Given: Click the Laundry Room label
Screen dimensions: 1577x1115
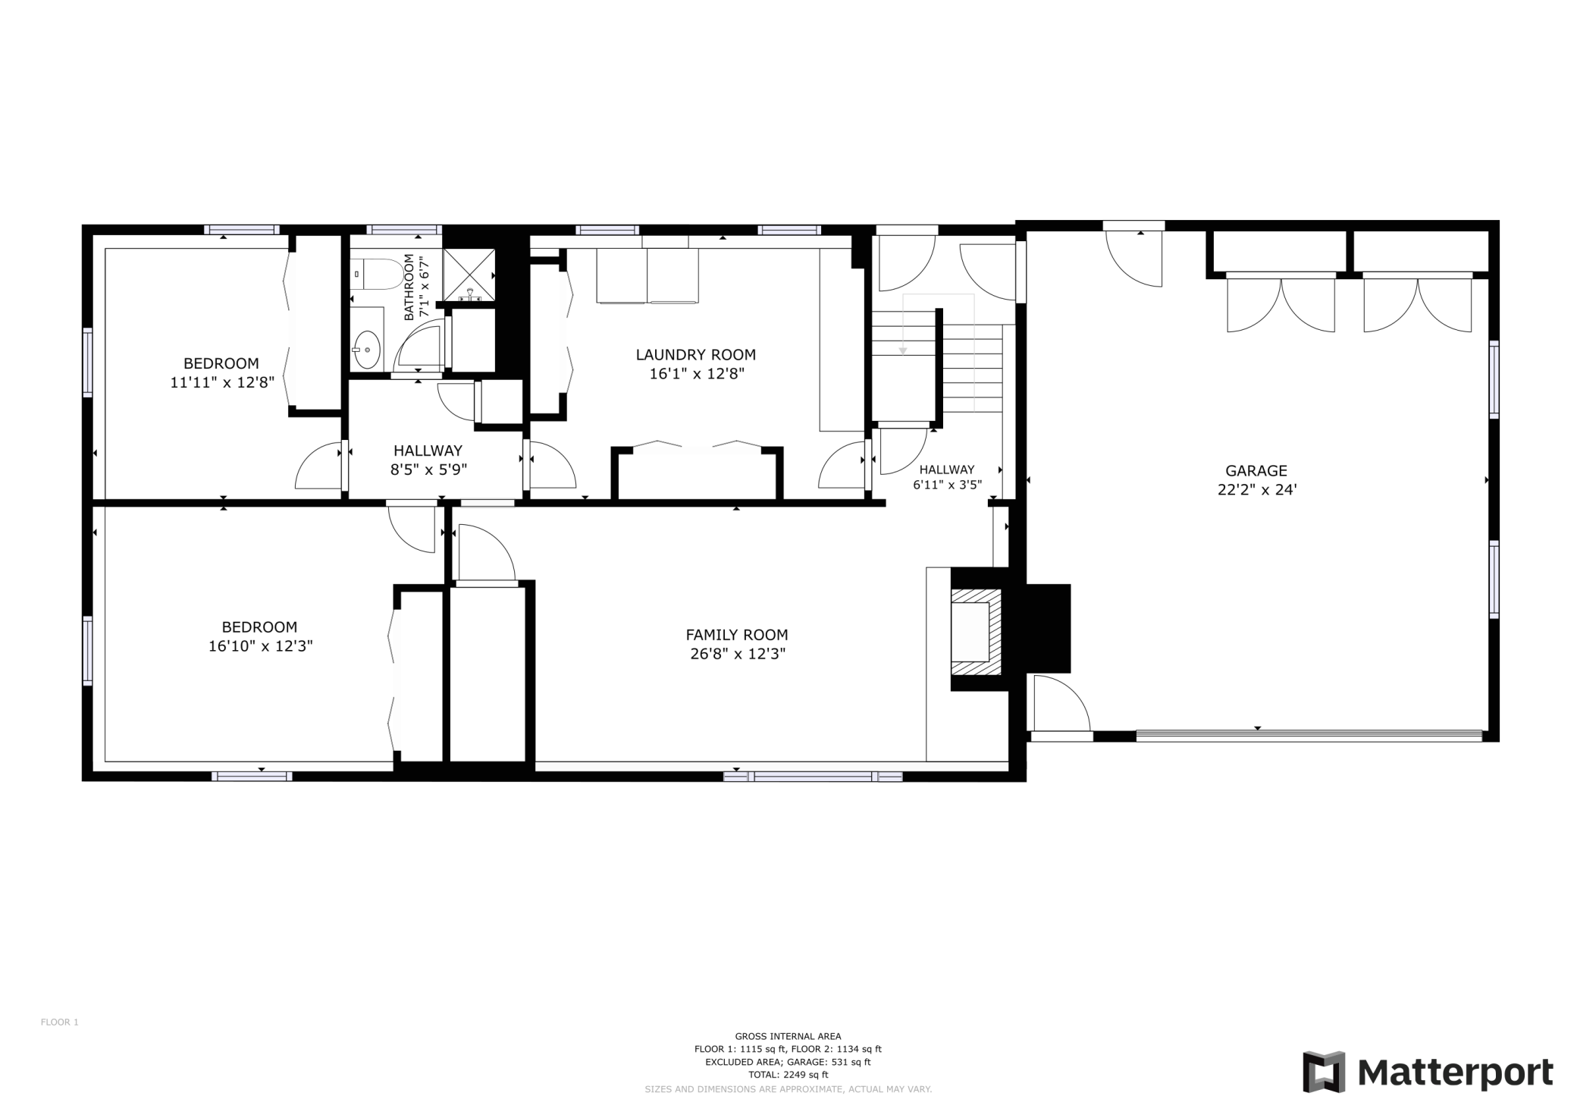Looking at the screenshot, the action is pyautogui.click(x=695, y=354).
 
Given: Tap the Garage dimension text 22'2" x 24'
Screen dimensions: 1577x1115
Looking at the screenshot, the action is pyautogui.click(x=1257, y=490).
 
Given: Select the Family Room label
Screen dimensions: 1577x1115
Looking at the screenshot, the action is pyautogui.click(x=737, y=635).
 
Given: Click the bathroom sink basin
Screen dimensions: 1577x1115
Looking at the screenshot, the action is pyautogui.click(x=367, y=350).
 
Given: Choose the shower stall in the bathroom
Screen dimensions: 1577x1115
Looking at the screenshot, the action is pyautogui.click(x=469, y=275).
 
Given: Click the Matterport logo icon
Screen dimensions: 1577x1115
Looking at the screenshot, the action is pyautogui.click(x=1324, y=1072).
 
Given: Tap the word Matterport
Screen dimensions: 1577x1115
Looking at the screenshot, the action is pyautogui.click(x=1455, y=1073).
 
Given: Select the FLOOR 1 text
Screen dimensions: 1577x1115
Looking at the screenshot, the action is pyautogui.click(x=60, y=1022).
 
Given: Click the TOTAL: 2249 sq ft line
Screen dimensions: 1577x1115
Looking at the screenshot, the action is pyautogui.click(x=788, y=1074).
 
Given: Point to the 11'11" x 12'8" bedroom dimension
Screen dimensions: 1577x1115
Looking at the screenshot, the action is pyautogui.click(x=222, y=382).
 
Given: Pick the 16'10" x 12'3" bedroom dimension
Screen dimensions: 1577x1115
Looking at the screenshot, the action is pyautogui.click(x=261, y=646).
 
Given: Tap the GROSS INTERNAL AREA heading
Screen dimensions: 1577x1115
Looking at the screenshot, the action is pyautogui.click(x=788, y=1036).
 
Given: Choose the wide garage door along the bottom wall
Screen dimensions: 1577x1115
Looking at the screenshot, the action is pyautogui.click(x=1309, y=734).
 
